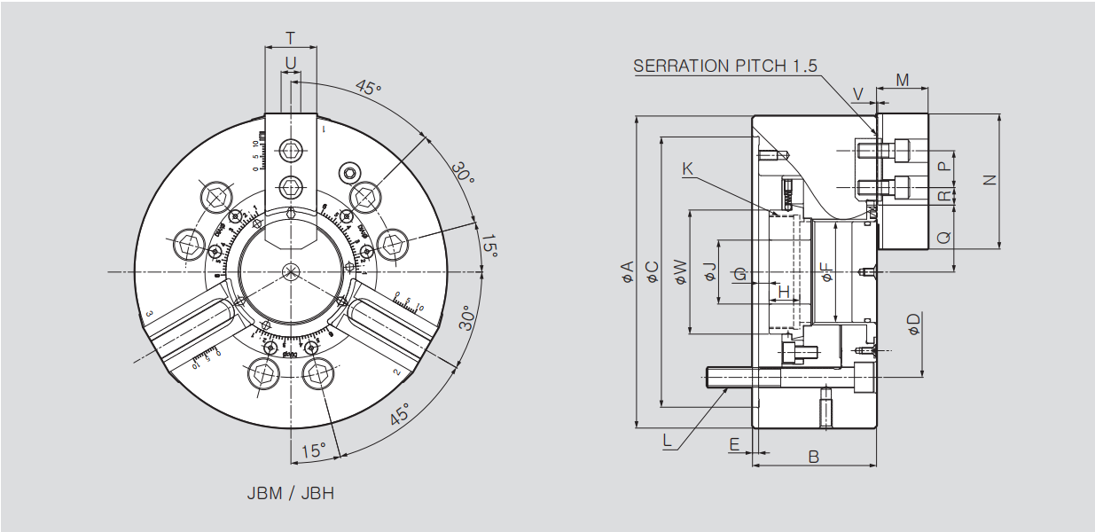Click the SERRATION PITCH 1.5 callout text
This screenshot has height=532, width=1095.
pos(725,66)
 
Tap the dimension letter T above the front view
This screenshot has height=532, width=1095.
pos(290,38)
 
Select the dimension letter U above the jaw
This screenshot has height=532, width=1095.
pos(290,62)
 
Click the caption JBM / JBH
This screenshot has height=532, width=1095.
pos(290,493)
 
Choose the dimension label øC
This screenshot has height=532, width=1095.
pos(653,272)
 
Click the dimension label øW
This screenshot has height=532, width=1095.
pos(680,272)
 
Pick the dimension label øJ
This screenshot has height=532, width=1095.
pos(709,272)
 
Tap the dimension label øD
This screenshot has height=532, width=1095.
pos(914,325)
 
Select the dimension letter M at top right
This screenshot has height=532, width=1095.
pos(902,81)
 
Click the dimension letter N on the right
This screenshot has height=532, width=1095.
pos(990,180)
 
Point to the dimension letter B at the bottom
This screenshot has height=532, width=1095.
pos(813,457)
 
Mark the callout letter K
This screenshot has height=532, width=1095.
pos(688,168)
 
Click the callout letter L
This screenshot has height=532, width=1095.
pos(668,439)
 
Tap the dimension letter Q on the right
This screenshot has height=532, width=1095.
pos(943,238)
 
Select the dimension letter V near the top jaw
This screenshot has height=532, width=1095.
pos(857,93)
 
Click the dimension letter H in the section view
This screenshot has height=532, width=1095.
pos(783,290)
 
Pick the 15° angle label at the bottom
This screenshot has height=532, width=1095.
pos(313,450)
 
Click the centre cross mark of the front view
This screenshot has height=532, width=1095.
pos(290,271)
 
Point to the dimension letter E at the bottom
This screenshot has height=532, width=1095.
pos(734,443)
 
